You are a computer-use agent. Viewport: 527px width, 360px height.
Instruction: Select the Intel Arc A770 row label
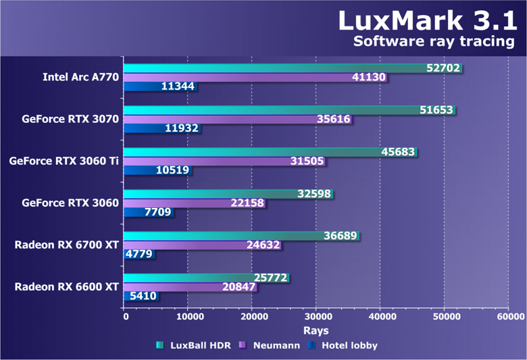[80, 77]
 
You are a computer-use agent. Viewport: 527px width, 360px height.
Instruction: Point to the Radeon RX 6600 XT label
[67, 287]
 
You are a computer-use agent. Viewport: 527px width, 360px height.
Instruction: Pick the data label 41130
[369, 77]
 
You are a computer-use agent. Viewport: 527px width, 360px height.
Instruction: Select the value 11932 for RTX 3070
[180, 128]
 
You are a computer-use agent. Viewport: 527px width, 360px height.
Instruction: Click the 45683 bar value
[398, 152]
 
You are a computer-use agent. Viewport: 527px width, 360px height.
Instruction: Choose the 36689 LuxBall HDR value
[341, 236]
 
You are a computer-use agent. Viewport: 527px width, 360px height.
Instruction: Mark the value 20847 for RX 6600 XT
[239, 287]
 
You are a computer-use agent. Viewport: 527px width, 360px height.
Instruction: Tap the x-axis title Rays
[316, 330]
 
